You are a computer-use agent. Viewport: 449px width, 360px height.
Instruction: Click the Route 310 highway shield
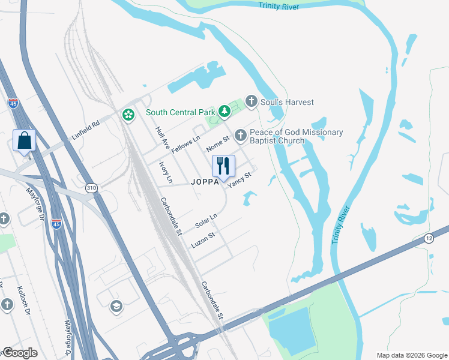(91, 187)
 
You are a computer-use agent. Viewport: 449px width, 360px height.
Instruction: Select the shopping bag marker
(25, 142)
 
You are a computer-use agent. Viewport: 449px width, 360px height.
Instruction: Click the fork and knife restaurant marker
(223, 166)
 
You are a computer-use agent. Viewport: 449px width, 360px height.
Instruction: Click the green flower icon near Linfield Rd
(127, 114)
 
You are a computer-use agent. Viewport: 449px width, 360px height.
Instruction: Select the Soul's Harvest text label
(287, 102)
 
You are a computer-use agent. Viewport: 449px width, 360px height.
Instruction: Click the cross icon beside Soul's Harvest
(251, 101)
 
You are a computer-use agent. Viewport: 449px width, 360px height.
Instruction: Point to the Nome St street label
(218, 143)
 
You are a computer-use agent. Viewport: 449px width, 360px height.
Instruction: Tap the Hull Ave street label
(162, 137)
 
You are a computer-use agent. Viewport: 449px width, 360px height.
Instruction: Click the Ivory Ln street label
(165, 172)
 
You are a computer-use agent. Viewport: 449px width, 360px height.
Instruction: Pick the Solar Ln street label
(206, 221)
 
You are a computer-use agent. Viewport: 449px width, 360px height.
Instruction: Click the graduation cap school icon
(116, 307)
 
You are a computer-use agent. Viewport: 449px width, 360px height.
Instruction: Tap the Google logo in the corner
(20, 353)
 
